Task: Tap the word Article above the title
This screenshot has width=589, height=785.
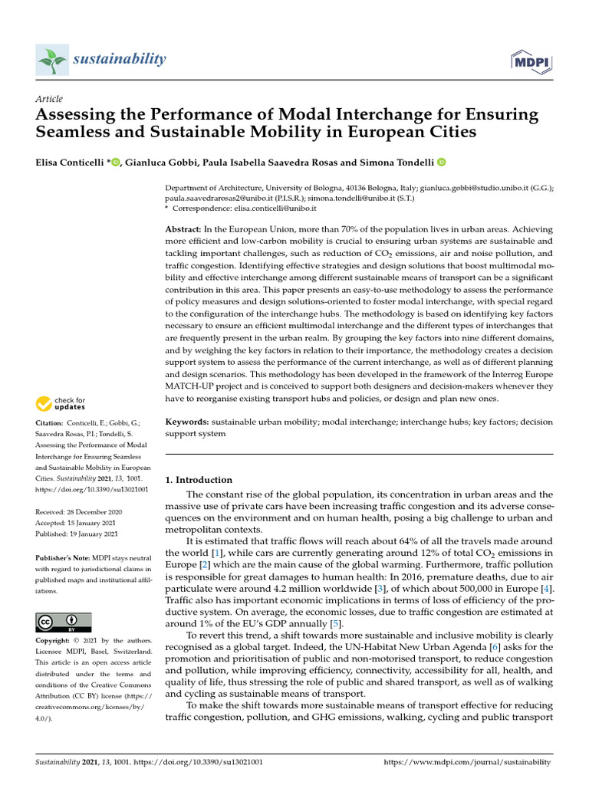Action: coord(49,99)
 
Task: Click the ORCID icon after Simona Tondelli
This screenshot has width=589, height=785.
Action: coord(441,162)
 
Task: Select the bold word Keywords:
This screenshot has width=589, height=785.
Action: coord(187,422)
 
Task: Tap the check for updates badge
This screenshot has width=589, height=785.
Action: coord(62,402)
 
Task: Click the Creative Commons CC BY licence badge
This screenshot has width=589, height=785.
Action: coord(64,622)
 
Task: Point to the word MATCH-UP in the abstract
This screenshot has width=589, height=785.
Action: coord(193,387)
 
